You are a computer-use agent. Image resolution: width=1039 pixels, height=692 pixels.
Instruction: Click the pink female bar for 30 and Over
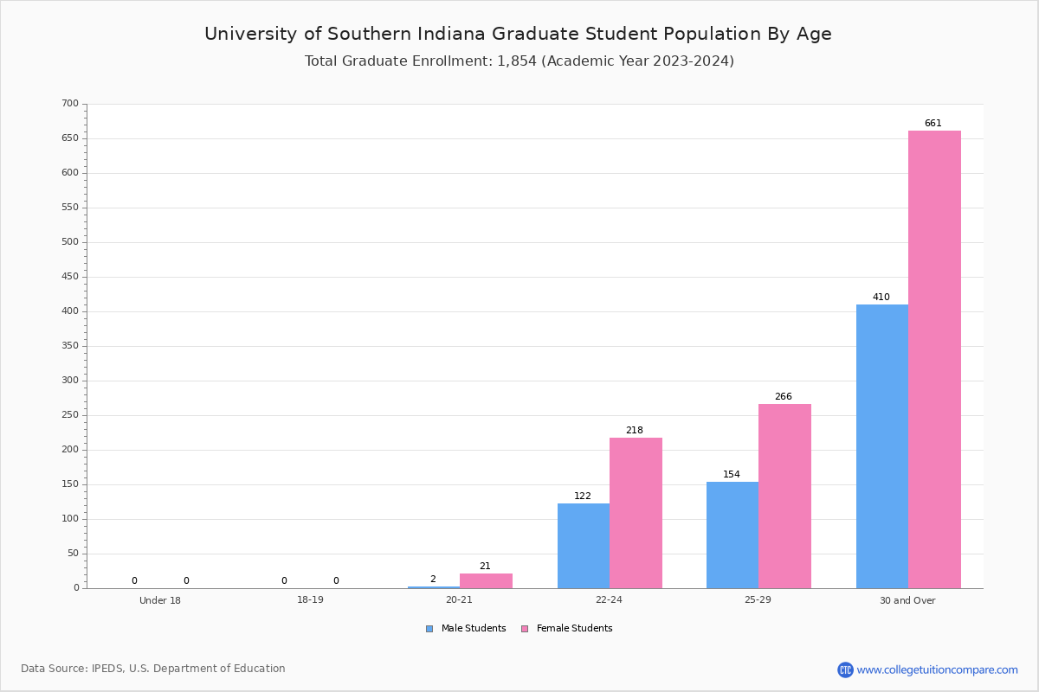click(934, 359)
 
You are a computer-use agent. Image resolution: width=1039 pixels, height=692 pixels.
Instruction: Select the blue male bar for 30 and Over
click(882, 445)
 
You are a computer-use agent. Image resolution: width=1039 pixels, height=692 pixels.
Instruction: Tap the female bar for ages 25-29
click(784, 496)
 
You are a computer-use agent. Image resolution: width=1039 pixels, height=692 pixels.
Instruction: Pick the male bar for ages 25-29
click(732, 535)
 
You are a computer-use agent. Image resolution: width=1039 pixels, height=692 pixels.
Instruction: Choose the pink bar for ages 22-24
click(636, 512)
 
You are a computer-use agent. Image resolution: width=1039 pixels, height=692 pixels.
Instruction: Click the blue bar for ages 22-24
click(584, 545)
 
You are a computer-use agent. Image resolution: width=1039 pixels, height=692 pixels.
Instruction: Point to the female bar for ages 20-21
click(486, 580)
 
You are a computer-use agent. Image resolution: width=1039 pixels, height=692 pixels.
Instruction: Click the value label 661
click(933, 124)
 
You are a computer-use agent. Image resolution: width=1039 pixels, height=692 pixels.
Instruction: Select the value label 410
click(881, 298)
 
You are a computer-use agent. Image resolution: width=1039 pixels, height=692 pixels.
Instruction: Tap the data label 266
click(783, 397)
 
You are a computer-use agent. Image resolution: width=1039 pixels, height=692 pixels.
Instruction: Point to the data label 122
click(583, 497)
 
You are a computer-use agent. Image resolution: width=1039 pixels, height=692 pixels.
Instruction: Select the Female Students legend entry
click(567, 629)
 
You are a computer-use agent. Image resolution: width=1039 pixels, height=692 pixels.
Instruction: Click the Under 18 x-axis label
click(160, 600)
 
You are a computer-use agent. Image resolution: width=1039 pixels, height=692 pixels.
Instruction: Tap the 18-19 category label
click(310, 600)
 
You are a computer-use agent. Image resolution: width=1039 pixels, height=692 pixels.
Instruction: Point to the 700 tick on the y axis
click(70, 104)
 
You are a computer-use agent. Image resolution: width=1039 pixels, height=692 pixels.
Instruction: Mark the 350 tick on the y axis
click(70, 346)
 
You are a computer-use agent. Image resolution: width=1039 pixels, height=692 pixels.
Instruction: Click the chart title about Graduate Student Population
click(518, 34)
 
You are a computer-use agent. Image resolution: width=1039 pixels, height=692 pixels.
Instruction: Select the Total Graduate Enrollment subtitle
click(519, 61)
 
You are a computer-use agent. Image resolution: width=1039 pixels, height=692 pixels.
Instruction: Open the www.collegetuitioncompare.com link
click(937, 670)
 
